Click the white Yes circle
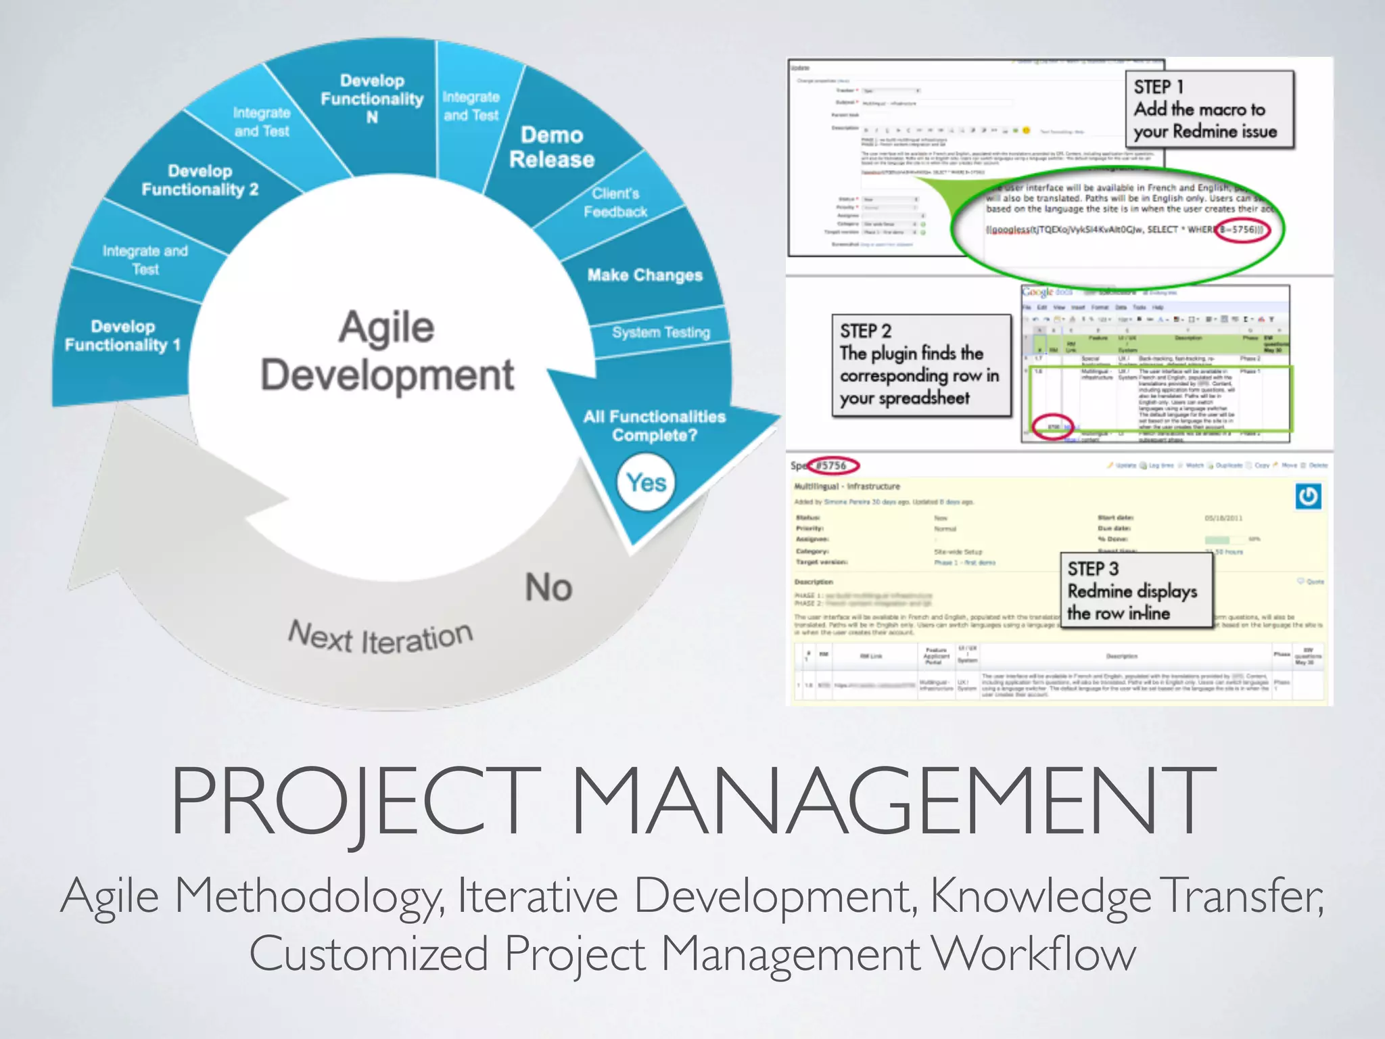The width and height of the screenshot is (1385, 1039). pyautogui.click(x=646, y=482)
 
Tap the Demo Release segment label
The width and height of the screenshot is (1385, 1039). pyautogui.click(x=552, y=147)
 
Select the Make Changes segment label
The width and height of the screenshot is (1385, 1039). pyautogui.click(x=644, y=275)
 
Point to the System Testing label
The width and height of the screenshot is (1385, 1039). pyautogui.click(x=661, y=332)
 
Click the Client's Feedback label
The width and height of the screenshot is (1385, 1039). pyautogui.click(x=615, y=202)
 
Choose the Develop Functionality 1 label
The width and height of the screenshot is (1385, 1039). pyautogui.click(x=122, y=336)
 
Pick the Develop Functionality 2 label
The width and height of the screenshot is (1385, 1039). pyautogui.click(x=199, y=180)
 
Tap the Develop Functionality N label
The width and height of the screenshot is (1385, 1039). pyautogui.click(x=372, y=99)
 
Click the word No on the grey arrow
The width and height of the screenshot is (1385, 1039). pyautogui.click(x=548, y=586)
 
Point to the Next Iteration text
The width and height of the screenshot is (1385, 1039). pyautogui.click(x=380, y=637)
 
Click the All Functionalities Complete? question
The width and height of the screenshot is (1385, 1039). pyautogui.click(x=654, y=425)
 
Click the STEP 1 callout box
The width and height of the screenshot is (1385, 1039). pyautogui.click(x=1209, y=109)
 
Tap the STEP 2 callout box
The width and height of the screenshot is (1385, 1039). pyautogui.click(x=920, y=365)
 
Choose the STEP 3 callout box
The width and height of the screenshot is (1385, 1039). pyautogui.click(x=1135, y=590)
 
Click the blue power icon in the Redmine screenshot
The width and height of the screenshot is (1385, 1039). pyautogui.click(x=1308, y=497)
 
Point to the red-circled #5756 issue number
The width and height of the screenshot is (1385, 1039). pyautogui.click(x=835, y=465)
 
